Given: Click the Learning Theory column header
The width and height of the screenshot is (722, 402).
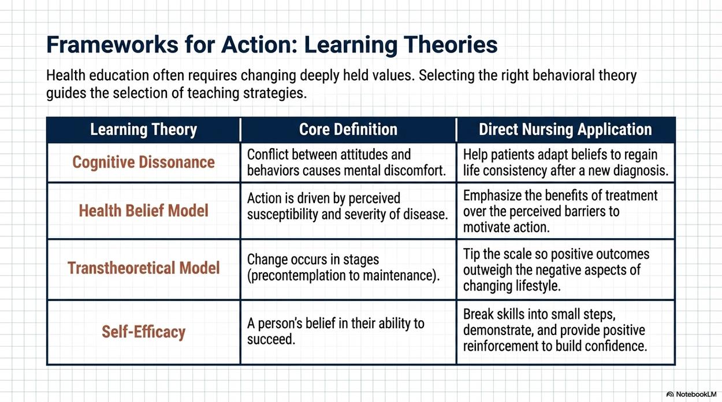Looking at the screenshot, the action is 143,130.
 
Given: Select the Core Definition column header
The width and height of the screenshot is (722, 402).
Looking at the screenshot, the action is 348,129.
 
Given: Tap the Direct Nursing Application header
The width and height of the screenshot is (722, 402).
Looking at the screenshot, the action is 565,130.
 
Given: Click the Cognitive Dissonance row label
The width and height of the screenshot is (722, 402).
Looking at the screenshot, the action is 143,162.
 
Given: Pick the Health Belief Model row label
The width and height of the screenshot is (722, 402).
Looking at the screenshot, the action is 143,211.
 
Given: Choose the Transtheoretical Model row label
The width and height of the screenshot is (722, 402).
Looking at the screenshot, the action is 143,268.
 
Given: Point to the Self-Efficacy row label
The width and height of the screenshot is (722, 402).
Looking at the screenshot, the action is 143,332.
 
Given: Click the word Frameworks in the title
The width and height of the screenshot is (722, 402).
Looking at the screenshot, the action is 112,44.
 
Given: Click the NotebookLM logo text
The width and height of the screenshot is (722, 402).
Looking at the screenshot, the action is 696,395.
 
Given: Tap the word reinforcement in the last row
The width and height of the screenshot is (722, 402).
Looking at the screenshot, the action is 501,346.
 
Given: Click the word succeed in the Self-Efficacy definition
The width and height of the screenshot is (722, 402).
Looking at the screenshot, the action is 271,339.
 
